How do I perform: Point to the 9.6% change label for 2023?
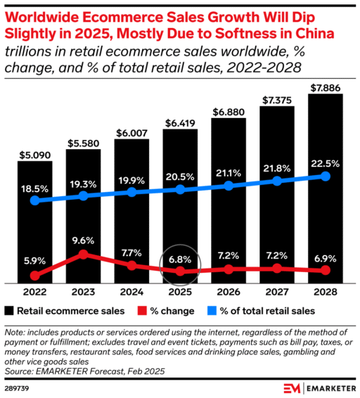[x=84, y=240]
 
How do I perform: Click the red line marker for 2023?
[x=84, y=255]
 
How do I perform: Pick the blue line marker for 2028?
[x=326, y=176]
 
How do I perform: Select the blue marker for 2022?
[x=35, y=200]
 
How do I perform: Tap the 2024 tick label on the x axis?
[x=131, y=290]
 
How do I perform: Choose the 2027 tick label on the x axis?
[x=277, y=290]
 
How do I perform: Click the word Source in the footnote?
[x=18, y=370]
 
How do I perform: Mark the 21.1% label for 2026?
[x=229, y=172]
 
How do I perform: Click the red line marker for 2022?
[x=35, y=274]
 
